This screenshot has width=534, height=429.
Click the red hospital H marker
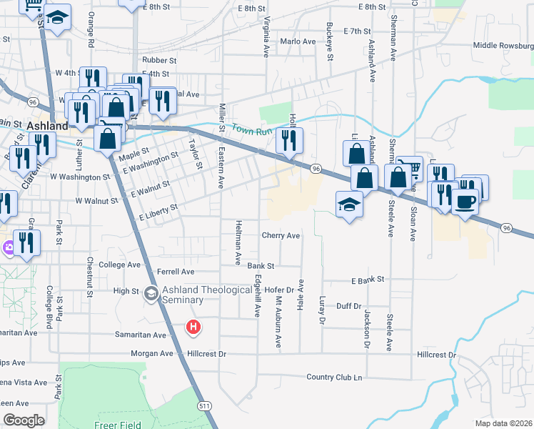[193, 328]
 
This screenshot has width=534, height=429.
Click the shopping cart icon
[410, 169]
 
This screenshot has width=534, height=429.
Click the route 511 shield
[206, 406]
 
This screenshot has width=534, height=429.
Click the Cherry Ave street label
[281, 235]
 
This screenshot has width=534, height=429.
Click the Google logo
[24, 420]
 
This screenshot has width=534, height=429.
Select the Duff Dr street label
[349, 306]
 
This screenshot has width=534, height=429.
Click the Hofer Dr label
[279, 290]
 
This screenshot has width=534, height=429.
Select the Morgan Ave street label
[152, 353]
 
